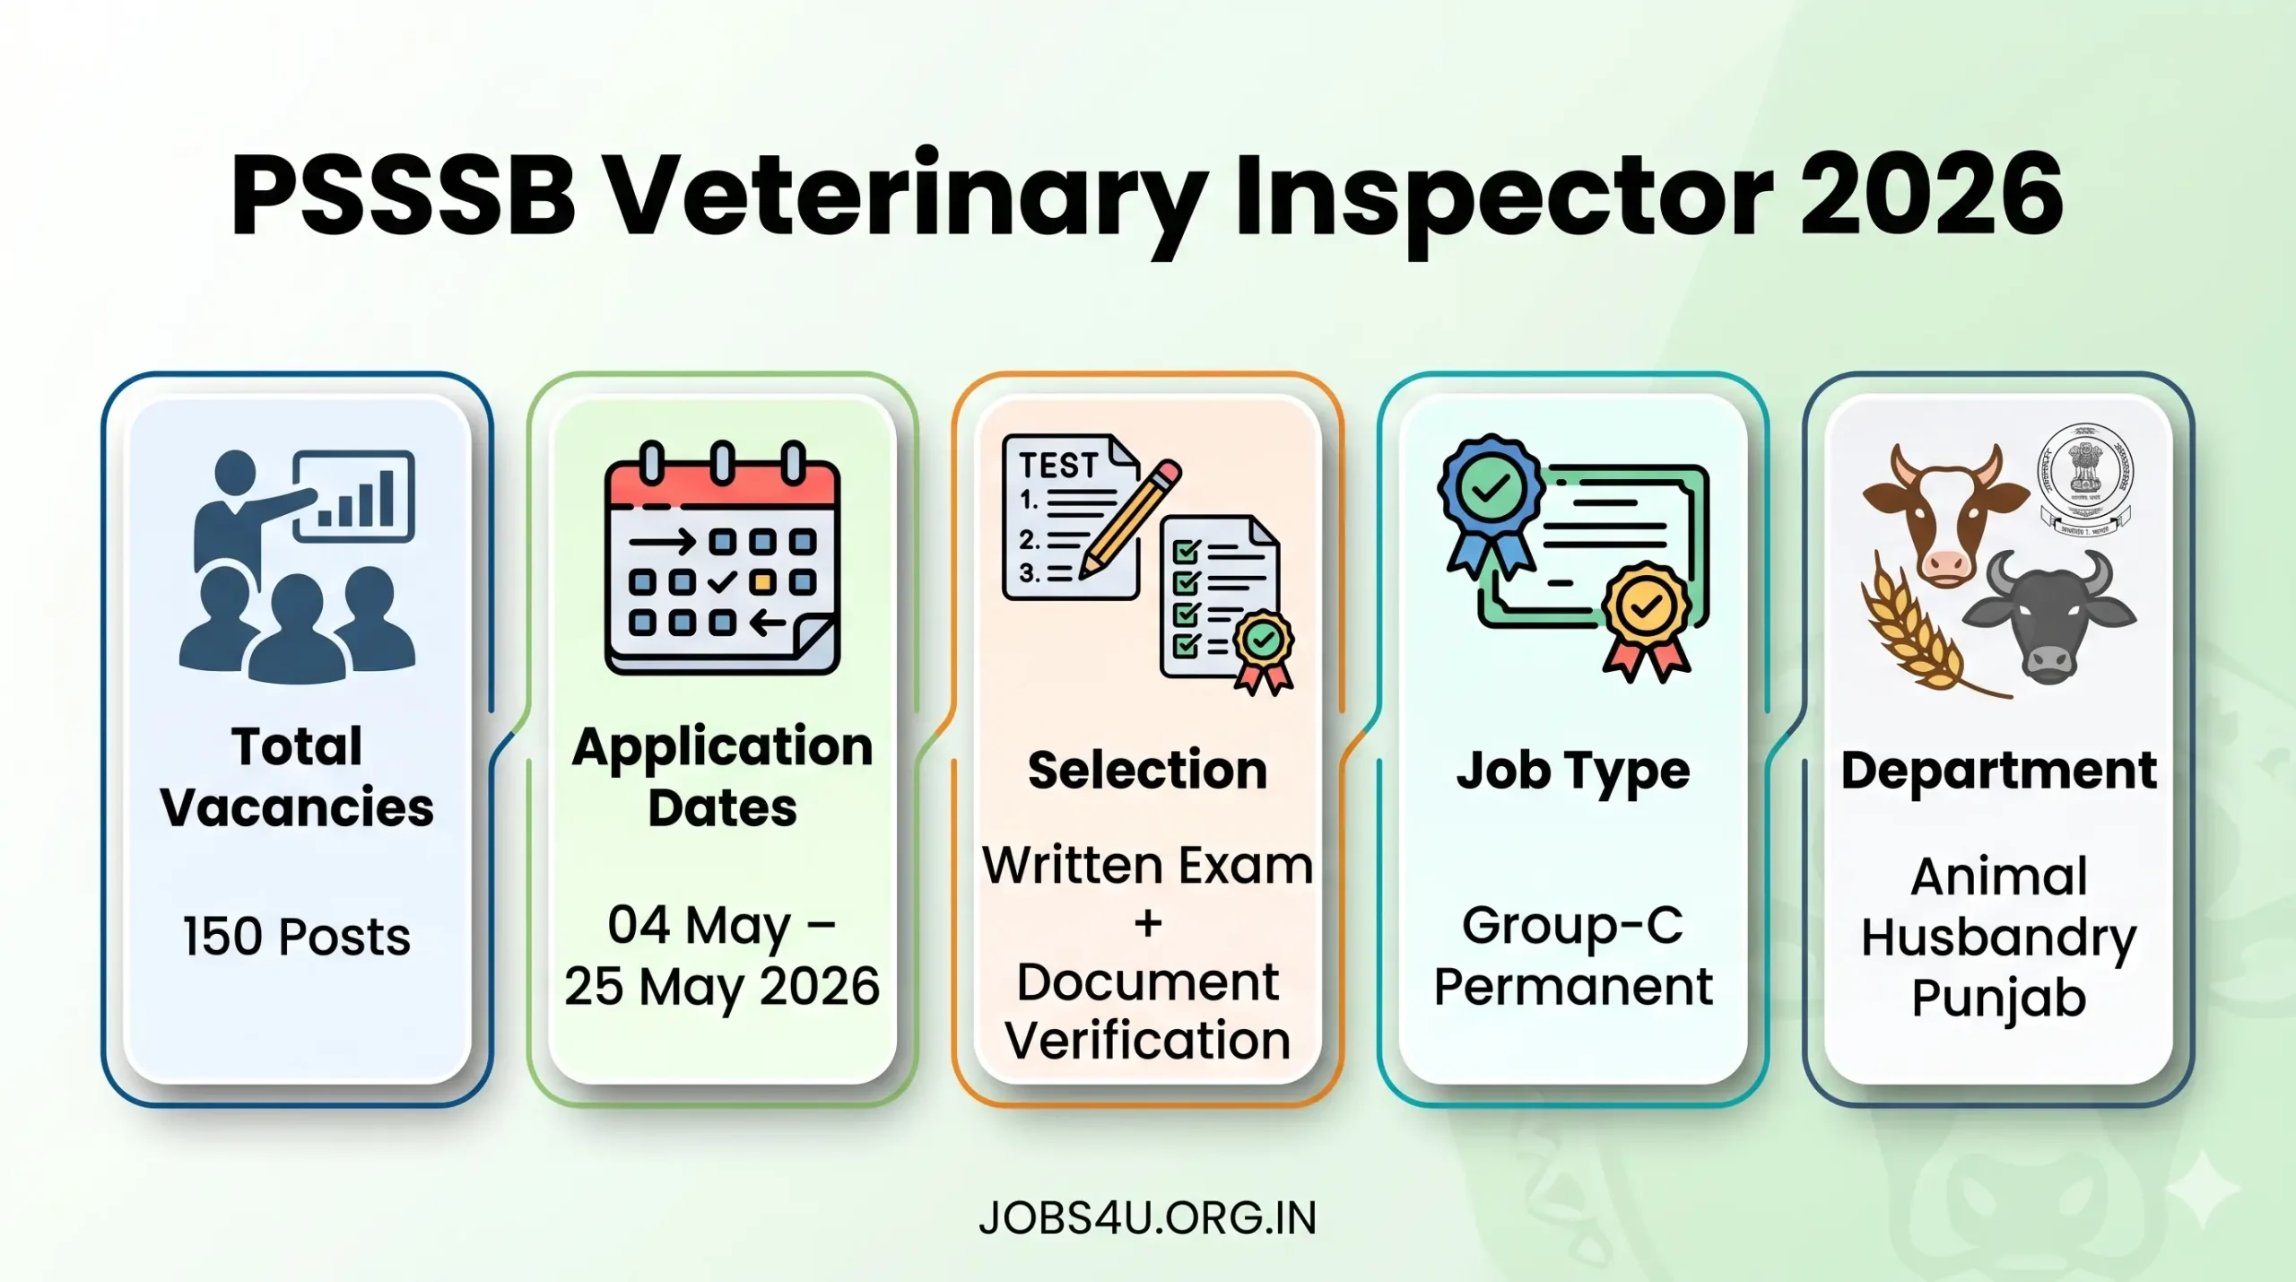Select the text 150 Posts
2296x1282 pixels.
point(297,937)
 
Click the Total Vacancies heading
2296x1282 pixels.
point(297,777)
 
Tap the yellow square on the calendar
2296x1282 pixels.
point(762,582)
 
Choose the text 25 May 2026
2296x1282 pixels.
point(722,986)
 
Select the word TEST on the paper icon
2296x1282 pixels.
point(1058,466)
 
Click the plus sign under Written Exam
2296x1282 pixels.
point(1148,923)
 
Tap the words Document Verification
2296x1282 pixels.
point(1148,1011)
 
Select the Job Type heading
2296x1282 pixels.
point(1573,770)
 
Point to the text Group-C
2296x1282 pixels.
point(1573,925)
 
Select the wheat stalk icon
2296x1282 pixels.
point(1919,632)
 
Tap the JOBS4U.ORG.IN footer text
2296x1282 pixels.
point(1148,1218)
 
